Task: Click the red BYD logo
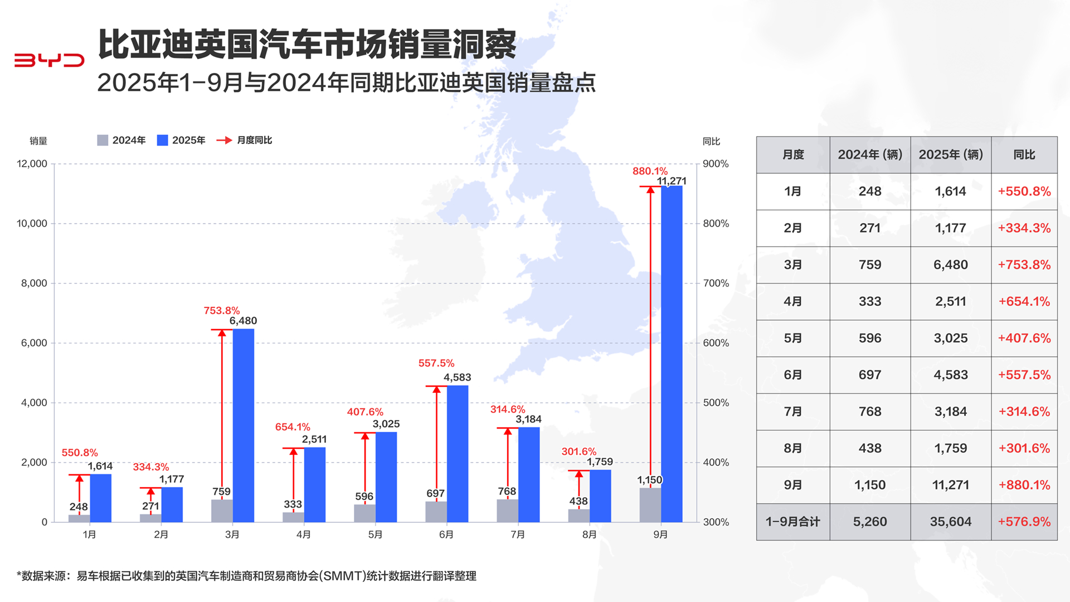49,60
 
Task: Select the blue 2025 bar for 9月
672,354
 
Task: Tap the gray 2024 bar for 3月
222,511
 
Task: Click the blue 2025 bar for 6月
458,454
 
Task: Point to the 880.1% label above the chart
650,171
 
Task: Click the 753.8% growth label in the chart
222,311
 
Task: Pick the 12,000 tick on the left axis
32,164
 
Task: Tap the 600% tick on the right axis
716,343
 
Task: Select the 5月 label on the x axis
375,534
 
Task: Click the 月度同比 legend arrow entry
245,140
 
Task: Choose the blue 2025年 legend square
163,140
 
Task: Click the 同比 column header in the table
1024,155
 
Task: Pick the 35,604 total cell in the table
950,522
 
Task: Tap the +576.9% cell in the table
1024,522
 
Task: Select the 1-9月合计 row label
792,522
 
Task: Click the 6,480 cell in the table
950,264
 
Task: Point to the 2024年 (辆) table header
869,155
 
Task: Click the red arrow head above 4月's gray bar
294,451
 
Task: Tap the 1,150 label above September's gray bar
650,480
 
